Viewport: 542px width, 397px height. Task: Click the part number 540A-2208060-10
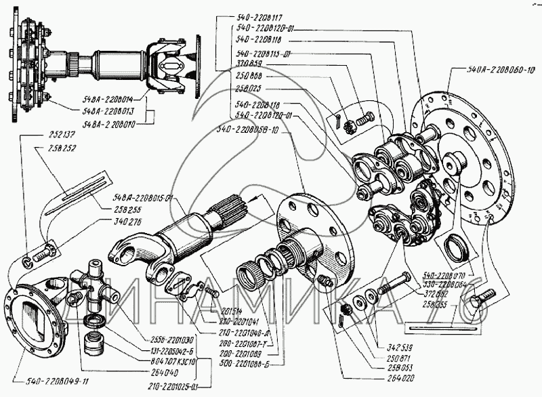(x=501, y=68)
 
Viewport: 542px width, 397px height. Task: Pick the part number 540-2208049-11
(x=47, y=381)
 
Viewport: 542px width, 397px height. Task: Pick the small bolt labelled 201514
(x=212, y=291)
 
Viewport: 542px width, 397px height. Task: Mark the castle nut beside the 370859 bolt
(x=350, y=125)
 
